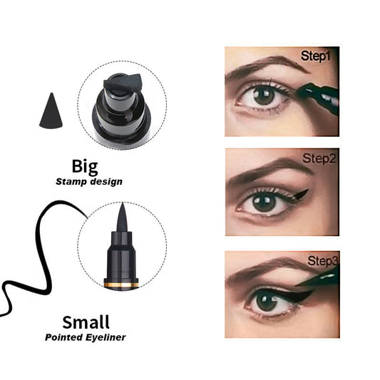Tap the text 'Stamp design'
88,182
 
